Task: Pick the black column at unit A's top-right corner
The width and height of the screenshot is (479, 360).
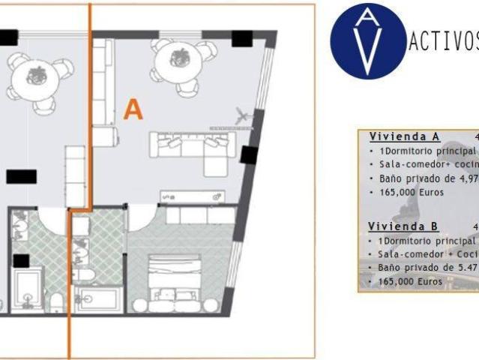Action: click(x=242, y=38)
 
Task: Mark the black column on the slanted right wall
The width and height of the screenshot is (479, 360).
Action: click(x=250, y=154)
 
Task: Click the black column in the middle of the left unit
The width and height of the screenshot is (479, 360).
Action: click(x=21, y=177)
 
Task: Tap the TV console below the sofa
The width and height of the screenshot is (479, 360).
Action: click(x=191, y=196)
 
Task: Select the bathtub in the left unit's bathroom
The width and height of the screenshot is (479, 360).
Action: click(x=28, y=293)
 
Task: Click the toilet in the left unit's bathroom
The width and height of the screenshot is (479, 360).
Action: click(x=57, y=300)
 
